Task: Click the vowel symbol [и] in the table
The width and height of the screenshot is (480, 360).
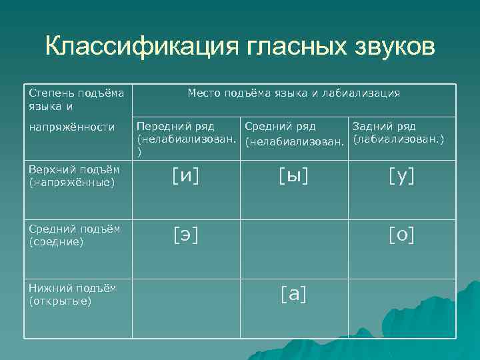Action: point(185,176)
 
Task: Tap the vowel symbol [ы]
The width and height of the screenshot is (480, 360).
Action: point(294,176)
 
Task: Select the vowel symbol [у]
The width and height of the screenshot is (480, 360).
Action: point(401,176)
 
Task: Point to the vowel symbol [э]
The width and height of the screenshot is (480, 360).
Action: point(185,235)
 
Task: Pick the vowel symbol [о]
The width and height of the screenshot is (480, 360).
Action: point(401,235)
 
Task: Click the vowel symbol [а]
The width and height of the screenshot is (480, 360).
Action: point(294,293)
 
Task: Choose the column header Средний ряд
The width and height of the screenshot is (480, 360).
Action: point(280,127)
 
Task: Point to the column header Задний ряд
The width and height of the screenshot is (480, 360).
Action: point(384,127)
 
